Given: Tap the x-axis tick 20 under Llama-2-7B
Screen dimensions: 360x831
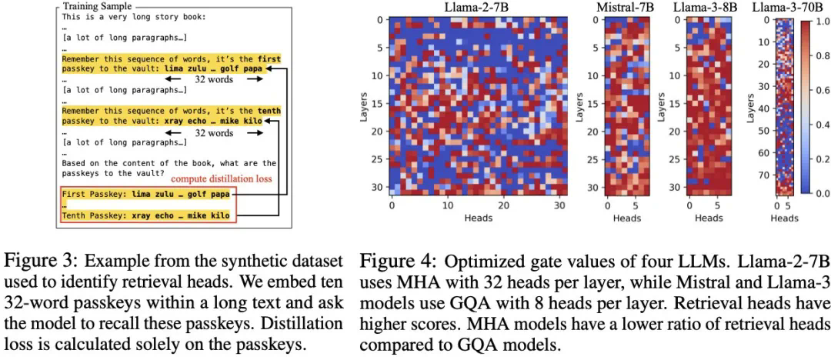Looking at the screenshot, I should (x=502, y=205).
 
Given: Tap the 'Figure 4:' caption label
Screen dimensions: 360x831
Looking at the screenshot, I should (x=391, y=262).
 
